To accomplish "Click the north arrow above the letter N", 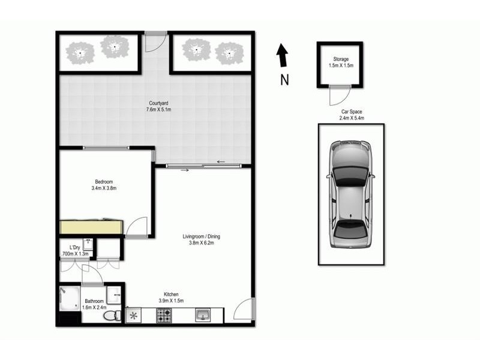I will point(282,56).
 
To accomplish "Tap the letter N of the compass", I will point(284,79).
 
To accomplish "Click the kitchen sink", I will point(202,315).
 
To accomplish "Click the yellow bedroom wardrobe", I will point(91,227).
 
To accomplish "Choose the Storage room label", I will point(339,59).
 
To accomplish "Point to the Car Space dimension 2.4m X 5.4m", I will point(351,118).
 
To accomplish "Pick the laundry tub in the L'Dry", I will point(88,244).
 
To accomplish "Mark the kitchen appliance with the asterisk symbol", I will point(133,316).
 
